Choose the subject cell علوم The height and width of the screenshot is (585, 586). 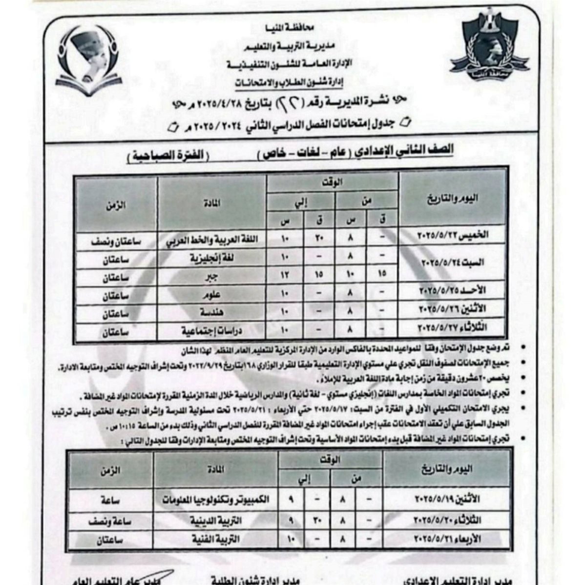point(211,296)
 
